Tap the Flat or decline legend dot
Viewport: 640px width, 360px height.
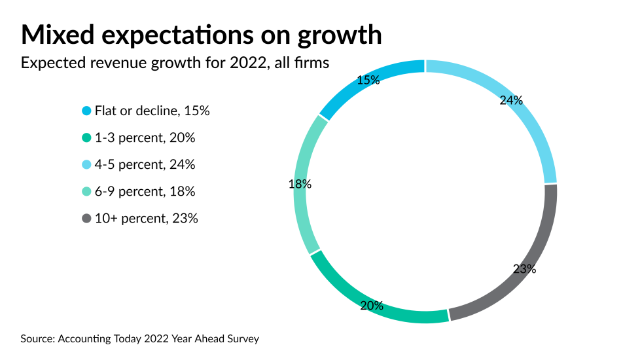(x=86, y=111)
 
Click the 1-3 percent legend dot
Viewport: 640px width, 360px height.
(x=86, y=138)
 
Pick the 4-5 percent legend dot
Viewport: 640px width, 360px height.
(x=86, y=165)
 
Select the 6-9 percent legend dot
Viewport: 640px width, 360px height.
(x=86, y=192)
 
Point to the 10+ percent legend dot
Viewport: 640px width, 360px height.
(x=86, y=219)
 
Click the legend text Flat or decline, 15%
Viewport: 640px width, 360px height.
(x=152, y=111)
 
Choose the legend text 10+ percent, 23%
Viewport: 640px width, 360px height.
(x=146, y=219)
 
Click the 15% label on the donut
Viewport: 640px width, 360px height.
(x=368, y=81)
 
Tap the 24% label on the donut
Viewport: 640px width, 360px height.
(x=511, y=100)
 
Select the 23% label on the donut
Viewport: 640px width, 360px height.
(x=524, y=269)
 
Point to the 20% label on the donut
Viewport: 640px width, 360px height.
(x=372, y=306)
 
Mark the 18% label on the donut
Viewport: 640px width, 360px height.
(x=300, y=185)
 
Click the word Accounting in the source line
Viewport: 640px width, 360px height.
(x=82, y=339)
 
